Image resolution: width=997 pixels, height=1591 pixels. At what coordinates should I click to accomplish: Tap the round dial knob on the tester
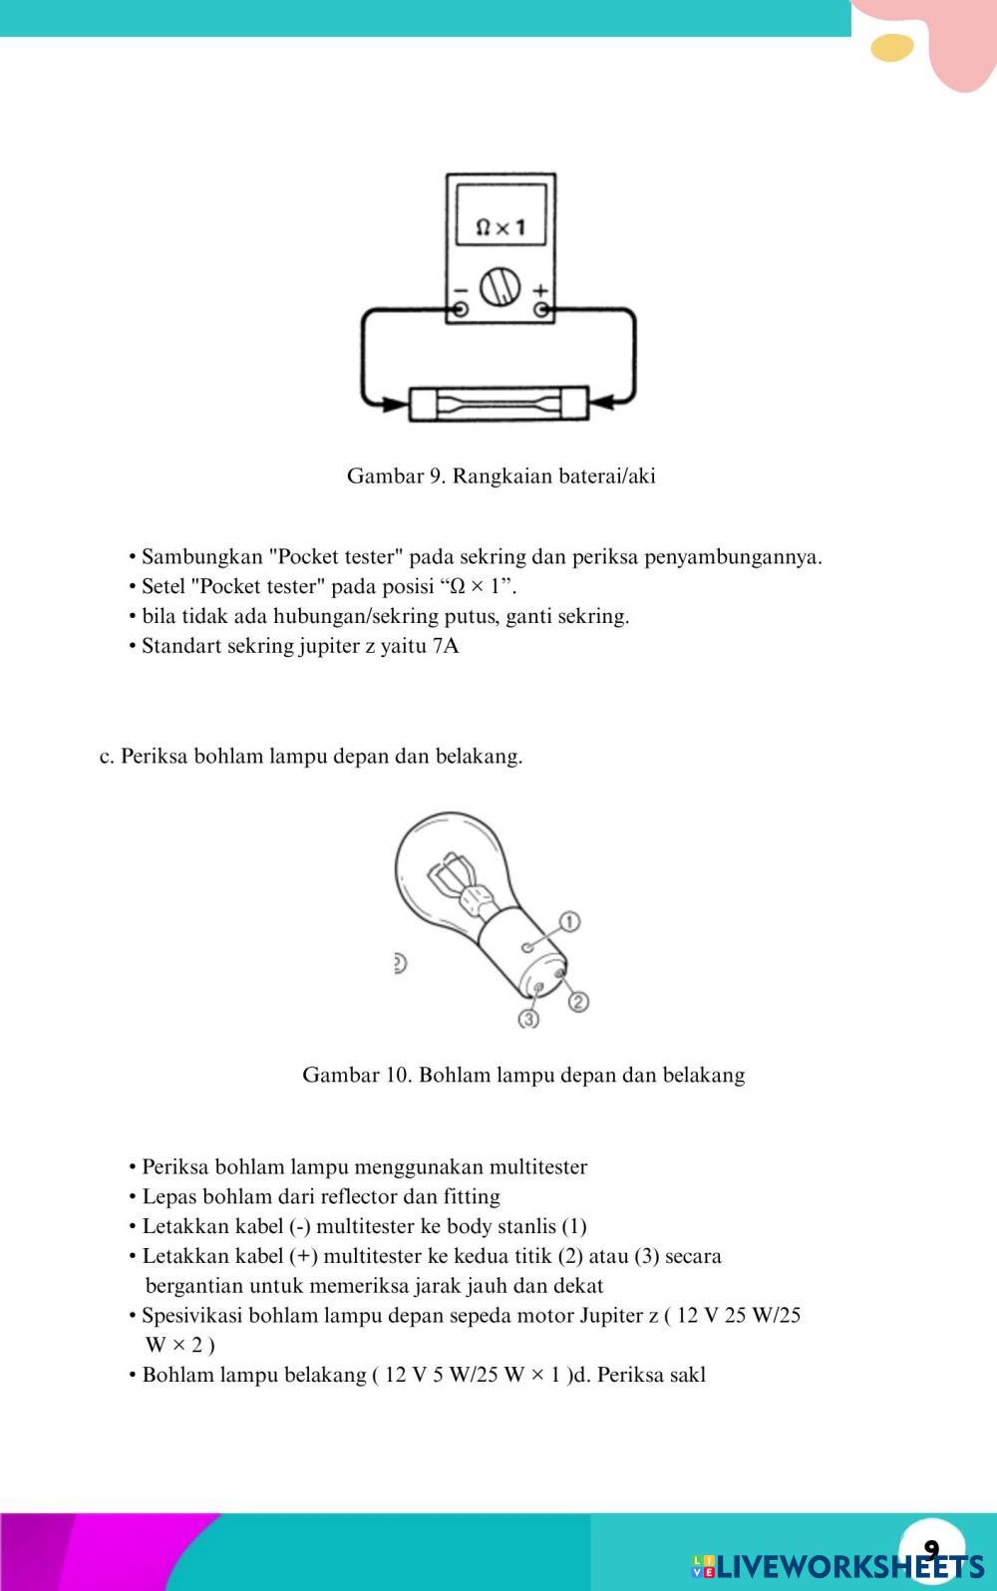point(499,288)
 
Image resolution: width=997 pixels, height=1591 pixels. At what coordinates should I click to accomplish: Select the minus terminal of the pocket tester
point(460,309)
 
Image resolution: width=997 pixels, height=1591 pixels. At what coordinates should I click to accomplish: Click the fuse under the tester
point(498,405)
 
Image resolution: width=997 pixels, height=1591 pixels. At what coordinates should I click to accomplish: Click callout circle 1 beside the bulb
point(569,920)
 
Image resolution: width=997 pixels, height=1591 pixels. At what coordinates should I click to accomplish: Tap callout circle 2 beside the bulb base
point(578,1001)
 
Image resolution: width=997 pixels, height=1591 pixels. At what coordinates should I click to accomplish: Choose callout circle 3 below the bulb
point(528,1019)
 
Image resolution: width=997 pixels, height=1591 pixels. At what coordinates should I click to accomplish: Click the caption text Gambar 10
point(357,1075)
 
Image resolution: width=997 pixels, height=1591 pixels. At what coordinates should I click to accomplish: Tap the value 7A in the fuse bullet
point(446,646)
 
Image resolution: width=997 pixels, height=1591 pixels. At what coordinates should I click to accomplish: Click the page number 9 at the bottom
point(931,1548)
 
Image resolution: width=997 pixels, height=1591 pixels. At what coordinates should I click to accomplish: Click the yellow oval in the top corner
point(892,48)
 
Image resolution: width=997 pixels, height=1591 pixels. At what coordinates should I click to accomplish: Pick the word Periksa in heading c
point(154,757)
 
